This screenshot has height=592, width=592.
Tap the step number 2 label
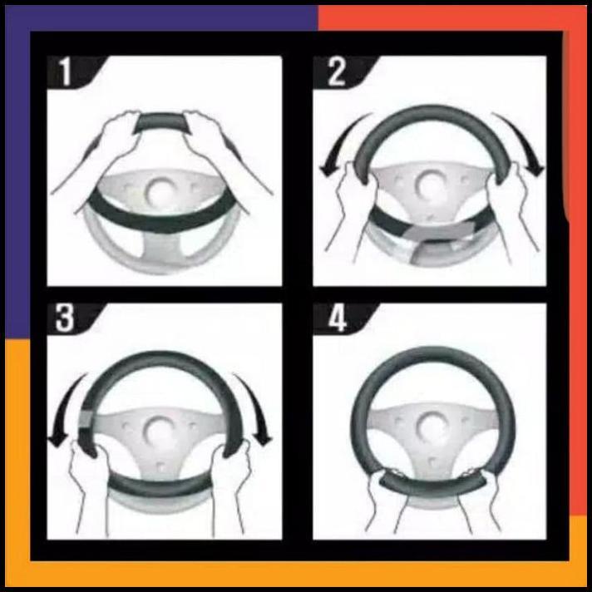point(336,73)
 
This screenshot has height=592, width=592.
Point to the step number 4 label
point(337,319)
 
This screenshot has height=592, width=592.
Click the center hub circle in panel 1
point(158,190)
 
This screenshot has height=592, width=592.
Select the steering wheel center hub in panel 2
point(431,185)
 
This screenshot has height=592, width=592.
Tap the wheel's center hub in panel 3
point(158,430)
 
